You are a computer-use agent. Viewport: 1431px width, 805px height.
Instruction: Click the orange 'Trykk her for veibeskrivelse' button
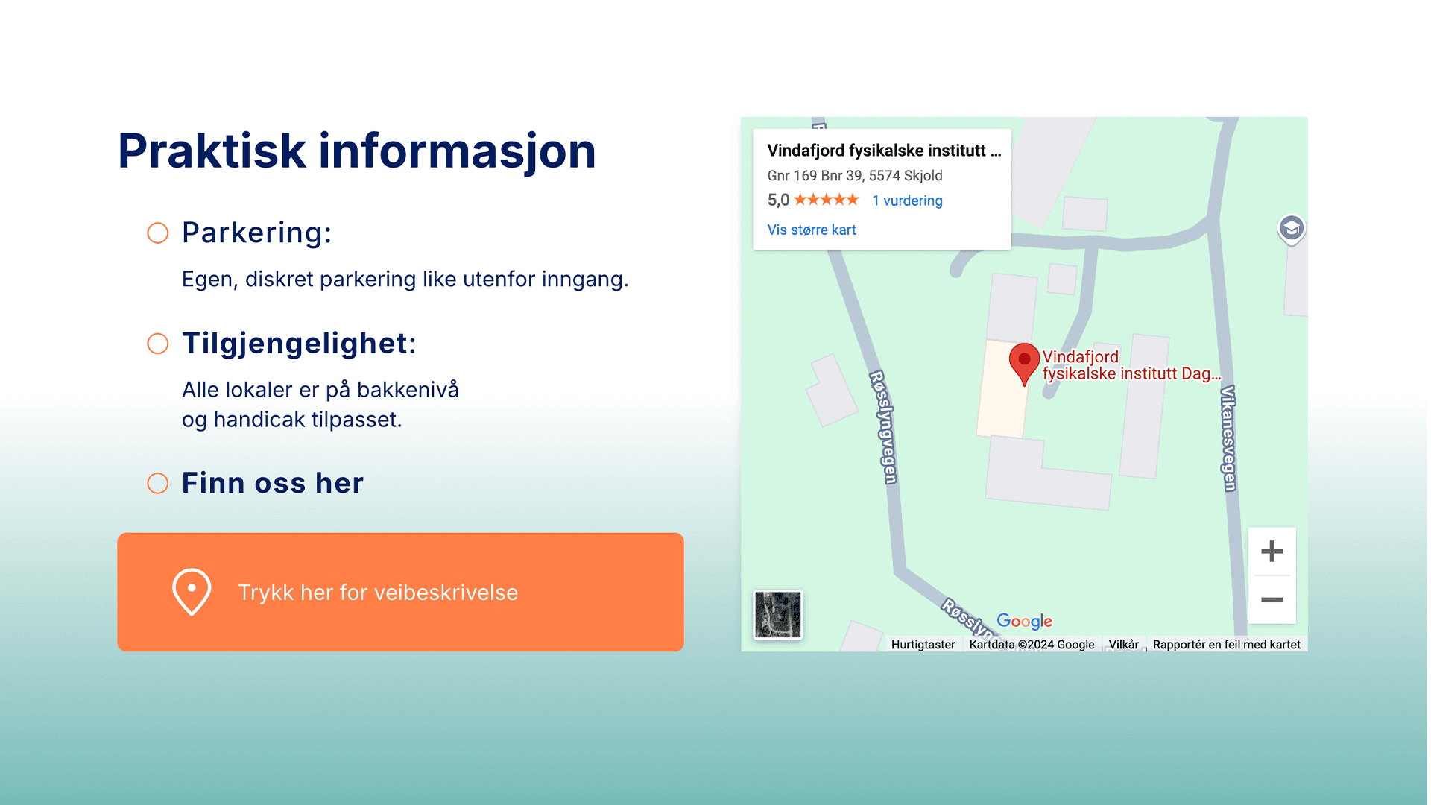[400, 592]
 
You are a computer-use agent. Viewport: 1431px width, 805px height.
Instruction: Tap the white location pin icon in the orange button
[192, 593]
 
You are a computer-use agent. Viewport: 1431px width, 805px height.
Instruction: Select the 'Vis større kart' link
[812, 230]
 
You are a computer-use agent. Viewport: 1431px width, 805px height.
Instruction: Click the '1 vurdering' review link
[907, 201]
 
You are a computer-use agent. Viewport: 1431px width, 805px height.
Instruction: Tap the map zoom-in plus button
[1272, 552]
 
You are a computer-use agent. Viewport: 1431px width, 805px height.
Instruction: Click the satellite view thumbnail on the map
[777, 615]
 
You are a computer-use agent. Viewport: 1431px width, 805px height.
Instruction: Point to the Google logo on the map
[1024, 621]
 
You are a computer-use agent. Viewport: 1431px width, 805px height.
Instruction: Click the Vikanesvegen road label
[1228, 438]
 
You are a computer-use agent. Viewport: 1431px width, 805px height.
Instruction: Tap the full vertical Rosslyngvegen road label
[884, 427]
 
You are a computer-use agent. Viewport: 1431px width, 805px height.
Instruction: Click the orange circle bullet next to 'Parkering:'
[157, 233]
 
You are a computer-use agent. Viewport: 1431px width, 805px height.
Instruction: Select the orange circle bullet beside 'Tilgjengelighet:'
[157, 344]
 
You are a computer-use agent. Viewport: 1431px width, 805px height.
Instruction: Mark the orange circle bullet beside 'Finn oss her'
[157, 484]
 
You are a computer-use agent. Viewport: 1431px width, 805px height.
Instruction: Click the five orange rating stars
[826, 200]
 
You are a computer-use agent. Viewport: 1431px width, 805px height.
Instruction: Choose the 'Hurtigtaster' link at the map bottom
[923, 645]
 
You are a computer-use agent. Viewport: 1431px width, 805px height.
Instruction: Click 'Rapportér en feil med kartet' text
[1226, 645]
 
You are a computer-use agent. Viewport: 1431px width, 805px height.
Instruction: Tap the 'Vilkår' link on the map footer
[1123, 645]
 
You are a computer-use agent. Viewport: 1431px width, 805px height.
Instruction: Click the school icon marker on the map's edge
[1292, 229]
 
